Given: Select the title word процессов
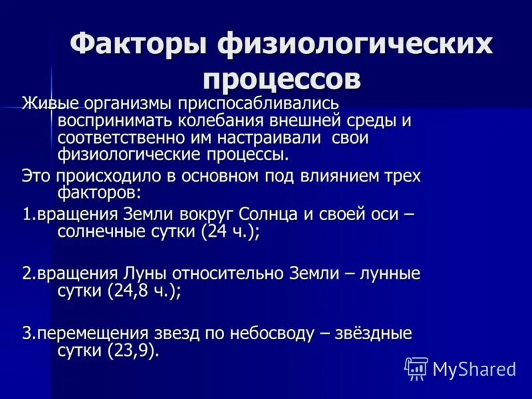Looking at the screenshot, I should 282,78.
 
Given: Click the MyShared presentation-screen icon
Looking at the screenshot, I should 416,368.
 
